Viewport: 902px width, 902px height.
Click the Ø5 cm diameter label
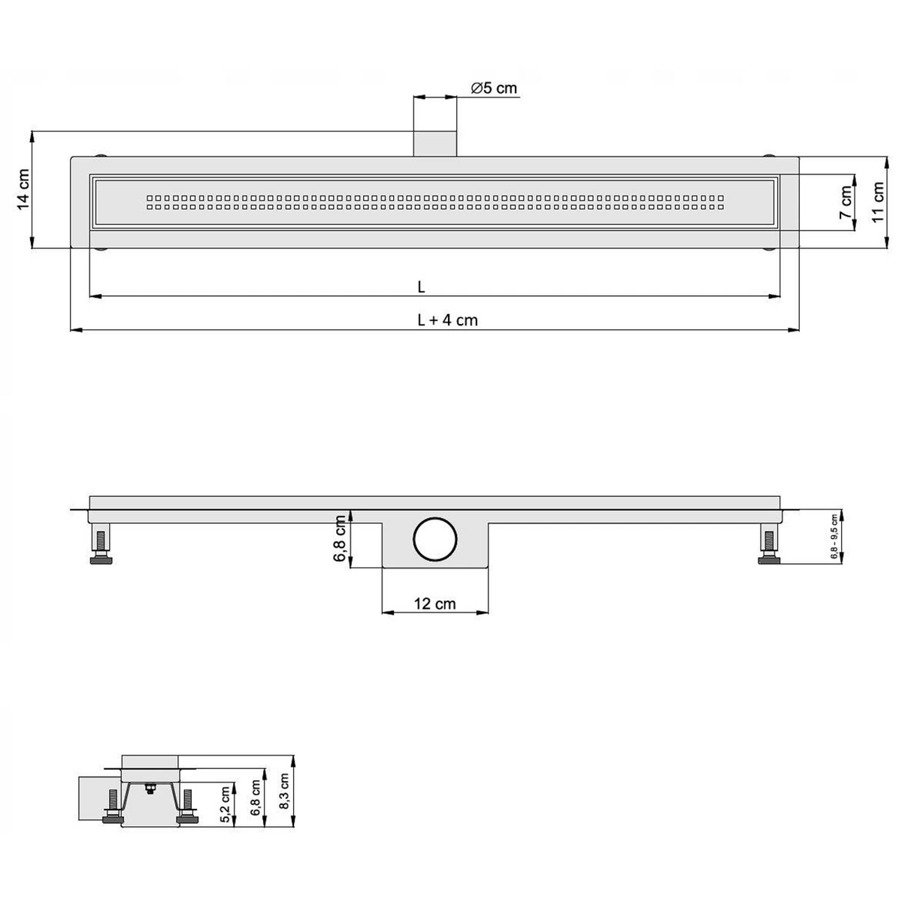[494, 88]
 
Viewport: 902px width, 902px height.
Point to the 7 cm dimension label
[847, 201]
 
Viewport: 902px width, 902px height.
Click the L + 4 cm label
[447, 319]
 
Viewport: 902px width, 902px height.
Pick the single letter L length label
[422, 286]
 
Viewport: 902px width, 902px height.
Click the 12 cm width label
[434, 603]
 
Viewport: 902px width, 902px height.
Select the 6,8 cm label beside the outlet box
[340, 538]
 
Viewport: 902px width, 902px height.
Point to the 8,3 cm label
[283, 793]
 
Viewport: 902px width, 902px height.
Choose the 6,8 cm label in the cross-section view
[256, 798]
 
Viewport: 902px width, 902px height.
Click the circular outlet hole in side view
[434, 539]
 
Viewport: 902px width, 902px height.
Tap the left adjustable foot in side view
[100, 546]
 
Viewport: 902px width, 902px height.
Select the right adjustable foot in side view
[769, 546]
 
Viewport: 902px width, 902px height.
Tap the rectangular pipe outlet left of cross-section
[89, 797]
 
